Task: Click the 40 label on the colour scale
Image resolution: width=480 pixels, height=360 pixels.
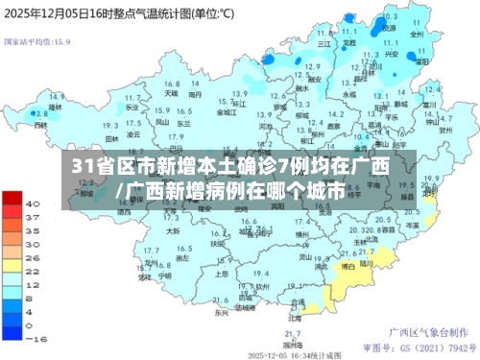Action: coord(33,204)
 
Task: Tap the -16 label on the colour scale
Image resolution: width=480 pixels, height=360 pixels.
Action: coord(35,339)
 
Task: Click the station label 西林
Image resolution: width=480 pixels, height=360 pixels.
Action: coord(39,125)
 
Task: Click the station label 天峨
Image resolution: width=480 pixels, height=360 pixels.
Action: coord(170,94)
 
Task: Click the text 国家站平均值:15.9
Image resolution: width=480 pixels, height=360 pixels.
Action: coord(38,42)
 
